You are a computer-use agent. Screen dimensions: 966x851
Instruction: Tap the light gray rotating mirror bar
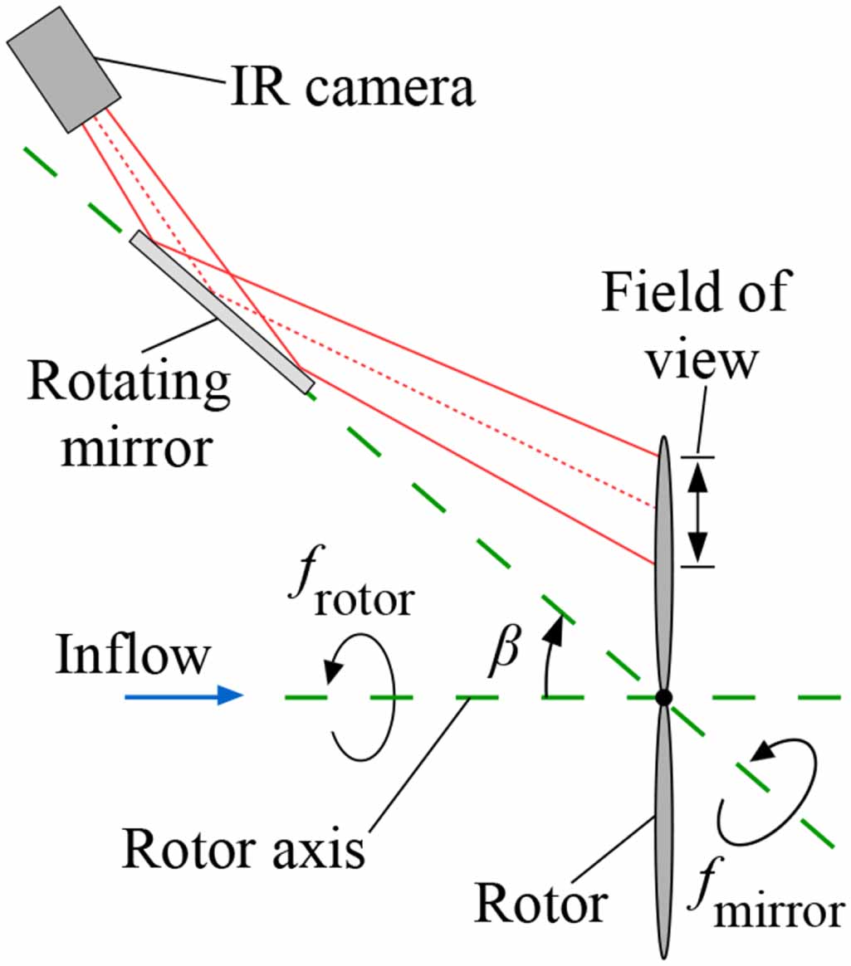222,312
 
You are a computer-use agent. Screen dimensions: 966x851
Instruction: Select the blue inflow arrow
183,696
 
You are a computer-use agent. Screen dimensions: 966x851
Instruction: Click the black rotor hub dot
663,697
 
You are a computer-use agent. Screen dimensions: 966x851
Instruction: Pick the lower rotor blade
662,830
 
